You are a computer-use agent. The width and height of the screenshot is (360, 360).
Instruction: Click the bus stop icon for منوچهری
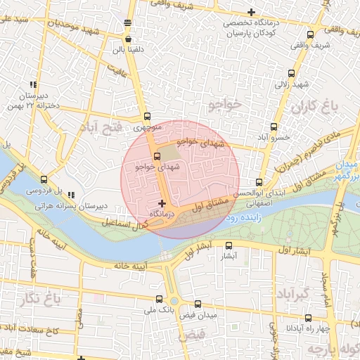pyautogui.click(x=146, y=117)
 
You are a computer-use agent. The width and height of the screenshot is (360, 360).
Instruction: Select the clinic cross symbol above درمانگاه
pyautogui.click(x=162, y=202)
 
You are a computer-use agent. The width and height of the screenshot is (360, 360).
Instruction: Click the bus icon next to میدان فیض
pyautogui.click(x=198, y=304)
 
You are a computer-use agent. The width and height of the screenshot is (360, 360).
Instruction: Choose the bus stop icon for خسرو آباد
pyautogui.click(x=274, y=127)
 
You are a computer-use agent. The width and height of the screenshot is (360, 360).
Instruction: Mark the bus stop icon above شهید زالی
pyautogui.click(x=291, y=73)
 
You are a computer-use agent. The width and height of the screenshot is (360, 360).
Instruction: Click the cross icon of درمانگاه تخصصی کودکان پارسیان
pyautogui.click(x=251, y=12)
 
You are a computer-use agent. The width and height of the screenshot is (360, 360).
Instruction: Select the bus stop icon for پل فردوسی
pyautogui.click(x=44, y=180)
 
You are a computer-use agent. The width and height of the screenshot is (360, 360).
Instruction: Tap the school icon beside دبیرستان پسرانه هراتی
pyautogui.click(x=71, y=195)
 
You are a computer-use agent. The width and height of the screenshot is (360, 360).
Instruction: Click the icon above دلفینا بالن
pyautogui.click(x=127, y=25)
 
